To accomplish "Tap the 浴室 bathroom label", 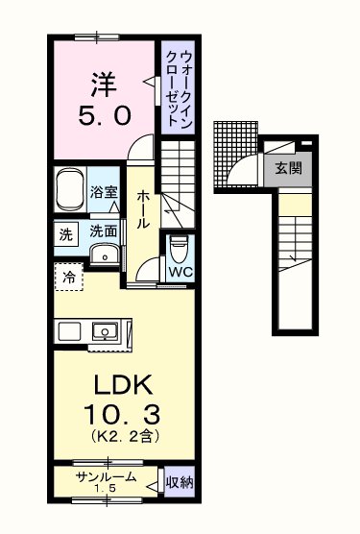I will click(105, 192).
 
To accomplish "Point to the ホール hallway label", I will click(141, 208).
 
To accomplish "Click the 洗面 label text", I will click(103, 231).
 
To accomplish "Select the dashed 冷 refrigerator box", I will click(69, 277).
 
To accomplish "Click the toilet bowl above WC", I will click(179, 248).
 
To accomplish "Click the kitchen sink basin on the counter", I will click(103, 332).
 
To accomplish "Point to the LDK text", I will click(122, 384).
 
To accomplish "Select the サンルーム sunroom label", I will click(106, 477).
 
